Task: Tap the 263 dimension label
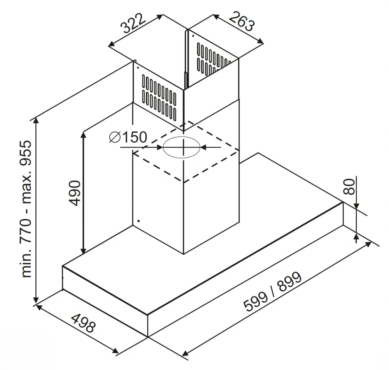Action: [x=242, y=21]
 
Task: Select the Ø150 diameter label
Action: [x=128, y=137]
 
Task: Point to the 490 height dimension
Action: [x=74, y=193]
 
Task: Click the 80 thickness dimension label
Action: [x=349, y=186]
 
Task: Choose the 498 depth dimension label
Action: [x=84, y=323]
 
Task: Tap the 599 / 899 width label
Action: [x=273, y=291]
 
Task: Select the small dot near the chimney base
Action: [x=138, y=221]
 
